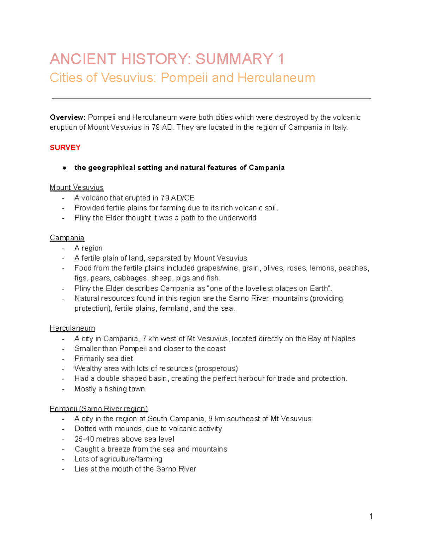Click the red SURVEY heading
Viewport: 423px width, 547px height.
pyautogui.click(x=65, y=148)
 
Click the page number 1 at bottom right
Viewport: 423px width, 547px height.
pyautogui.click(x=371, y=516)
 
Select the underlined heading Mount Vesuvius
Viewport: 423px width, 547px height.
pyautogui.click(x=76, y=187)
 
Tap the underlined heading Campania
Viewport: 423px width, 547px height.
pyautogui.click(x=67, y=238)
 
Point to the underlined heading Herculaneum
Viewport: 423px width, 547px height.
pyautogui.click(x=72, y=328)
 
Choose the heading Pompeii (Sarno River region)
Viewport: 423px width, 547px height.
pyautogui.click(x=99, y=409)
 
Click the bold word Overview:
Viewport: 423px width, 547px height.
pyautogui.click(x=68, y=117)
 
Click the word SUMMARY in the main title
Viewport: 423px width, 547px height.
pyautogui.click(x=234, y=59)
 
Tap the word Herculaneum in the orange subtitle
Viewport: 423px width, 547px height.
pyautogui.click(x=276, y=77)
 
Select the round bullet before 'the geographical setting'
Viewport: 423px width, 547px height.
pyautogui.click(x=65, y=168)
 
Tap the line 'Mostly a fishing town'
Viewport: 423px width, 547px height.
pyautogui.click(x=110, y=389)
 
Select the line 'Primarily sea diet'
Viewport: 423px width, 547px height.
pyautogui.click(x=104, y=359)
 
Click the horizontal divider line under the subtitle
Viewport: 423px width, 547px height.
pyautogui.click(x=211, y=99)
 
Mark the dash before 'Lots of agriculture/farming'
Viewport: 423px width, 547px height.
pyautogui.click(x=63, y=459)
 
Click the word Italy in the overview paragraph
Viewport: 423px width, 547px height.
pyautogui.click(x=339, y=128)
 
